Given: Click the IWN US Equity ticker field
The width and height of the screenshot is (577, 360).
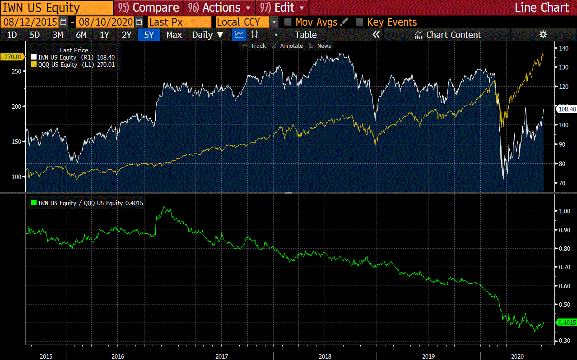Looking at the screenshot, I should [x=56, y=8].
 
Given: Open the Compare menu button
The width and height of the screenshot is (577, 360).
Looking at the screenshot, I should [x=149, y=8].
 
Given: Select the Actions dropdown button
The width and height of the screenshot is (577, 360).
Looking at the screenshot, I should [x=219, y=8].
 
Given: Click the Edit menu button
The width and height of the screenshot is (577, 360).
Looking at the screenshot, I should [x=282, y=8].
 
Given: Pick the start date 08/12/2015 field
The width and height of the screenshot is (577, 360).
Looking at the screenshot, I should [x=30, y=22].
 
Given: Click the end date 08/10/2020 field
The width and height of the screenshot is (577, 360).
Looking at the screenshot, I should [x=105, y=22].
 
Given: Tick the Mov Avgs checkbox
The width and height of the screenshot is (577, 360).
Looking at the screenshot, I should [x=288, y=22].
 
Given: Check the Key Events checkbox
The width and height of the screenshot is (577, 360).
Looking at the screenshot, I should [x=359, y=22].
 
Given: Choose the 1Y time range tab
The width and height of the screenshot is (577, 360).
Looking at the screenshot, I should [x=104, y=35].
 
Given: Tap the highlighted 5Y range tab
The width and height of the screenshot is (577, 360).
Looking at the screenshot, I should [x=149, y=35].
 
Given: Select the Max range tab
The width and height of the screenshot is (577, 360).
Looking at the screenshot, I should [x=174, y=35].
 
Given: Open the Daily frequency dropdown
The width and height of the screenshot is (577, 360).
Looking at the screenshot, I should [x=208, y=35].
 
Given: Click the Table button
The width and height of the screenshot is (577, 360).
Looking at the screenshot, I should [x=306, y=35].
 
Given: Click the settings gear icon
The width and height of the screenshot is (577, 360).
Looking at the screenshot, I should [x=543, y=35].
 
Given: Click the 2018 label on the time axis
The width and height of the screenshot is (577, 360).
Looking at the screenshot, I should [x=325, y=356].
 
